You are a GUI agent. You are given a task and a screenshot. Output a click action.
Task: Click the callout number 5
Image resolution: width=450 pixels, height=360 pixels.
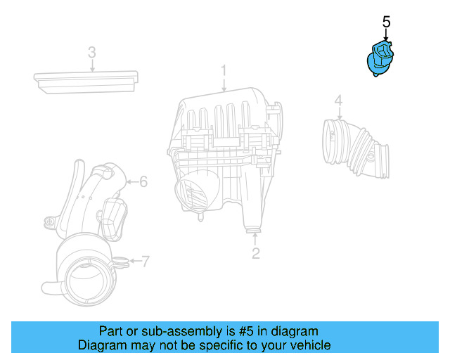(x=386, y=22)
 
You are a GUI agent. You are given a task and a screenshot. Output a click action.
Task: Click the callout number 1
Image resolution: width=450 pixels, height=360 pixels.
(x=224, y=70)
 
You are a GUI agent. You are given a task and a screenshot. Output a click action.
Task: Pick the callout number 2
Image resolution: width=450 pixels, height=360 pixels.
(x=256, y=253)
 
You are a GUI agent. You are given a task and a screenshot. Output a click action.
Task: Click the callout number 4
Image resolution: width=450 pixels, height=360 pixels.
(x=338, y=101)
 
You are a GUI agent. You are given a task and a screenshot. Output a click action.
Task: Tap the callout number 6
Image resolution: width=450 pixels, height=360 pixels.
(x=143, y=182)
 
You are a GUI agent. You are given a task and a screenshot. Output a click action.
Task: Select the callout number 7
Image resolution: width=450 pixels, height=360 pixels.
(x=146, y=262)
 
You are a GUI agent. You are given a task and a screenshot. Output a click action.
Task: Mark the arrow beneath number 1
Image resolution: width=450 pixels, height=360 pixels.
(x=224, y=85)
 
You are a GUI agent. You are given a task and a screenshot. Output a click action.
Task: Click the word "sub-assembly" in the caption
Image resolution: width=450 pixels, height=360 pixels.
(x=169, y=331)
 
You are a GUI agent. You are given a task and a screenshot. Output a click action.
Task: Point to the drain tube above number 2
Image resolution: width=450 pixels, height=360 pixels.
(x=252, y=223)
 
